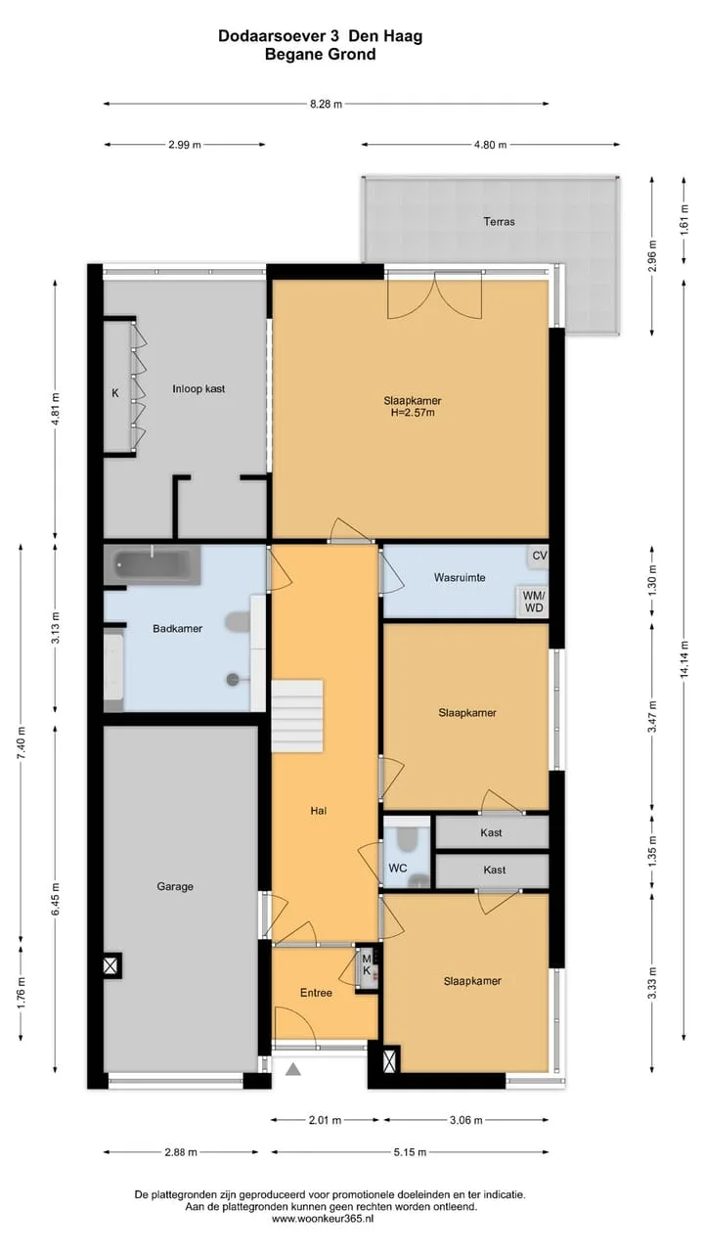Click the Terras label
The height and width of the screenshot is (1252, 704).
(499, 222)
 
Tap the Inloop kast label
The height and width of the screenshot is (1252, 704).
(198, 389)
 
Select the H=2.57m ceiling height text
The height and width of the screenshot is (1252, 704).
(413, 413)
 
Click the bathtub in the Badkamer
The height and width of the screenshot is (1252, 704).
(152, 564)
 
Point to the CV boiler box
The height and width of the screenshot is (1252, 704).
(539, 557)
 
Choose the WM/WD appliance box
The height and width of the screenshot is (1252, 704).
(533, 602)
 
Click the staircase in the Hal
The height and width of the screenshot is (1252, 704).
(297, 716)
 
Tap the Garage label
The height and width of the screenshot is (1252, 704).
(175, 886)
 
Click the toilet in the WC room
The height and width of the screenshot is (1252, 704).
(406, 838)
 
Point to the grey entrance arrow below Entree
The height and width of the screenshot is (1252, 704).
(293, 1069)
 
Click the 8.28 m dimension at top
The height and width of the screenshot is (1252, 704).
(327, 104)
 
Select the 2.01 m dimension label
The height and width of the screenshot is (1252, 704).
(325, 1120)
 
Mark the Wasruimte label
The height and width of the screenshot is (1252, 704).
(460, 577)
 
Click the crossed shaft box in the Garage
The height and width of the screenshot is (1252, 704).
(111, 965)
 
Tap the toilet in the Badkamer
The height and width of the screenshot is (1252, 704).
(239, 620)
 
